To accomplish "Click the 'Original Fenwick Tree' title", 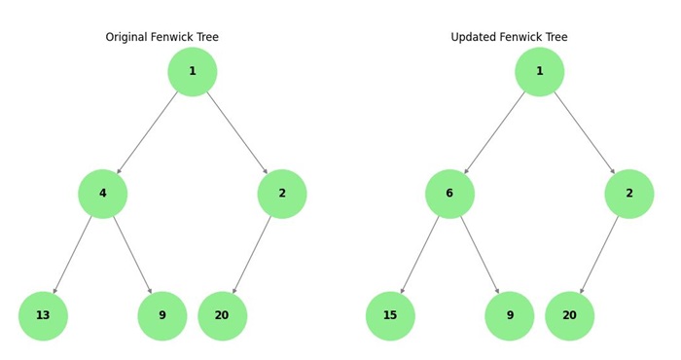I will [161, 37].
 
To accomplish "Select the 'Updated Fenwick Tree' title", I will [509, 37].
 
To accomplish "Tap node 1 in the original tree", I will [192, 71].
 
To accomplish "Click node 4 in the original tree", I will [102, 194].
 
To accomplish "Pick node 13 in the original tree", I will [43, 315].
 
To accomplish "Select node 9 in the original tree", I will [162, 315].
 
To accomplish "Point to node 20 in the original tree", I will [222, 315].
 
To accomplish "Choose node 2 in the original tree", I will [282, 194].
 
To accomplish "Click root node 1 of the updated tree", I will [539, 71].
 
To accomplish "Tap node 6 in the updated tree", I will [449, 194].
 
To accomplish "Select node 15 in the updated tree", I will [390, 315].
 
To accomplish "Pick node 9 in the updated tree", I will [510, 315].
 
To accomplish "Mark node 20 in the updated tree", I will [569, 315].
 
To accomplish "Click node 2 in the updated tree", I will [629, 194].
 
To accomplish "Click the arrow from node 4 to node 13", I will [73, 254].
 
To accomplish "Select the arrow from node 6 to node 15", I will [420, 254].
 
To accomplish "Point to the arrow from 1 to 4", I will [147, 132].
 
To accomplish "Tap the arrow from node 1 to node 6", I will [494, 132].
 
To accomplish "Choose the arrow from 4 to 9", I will [132, 254].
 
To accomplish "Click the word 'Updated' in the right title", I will [474, 37].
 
